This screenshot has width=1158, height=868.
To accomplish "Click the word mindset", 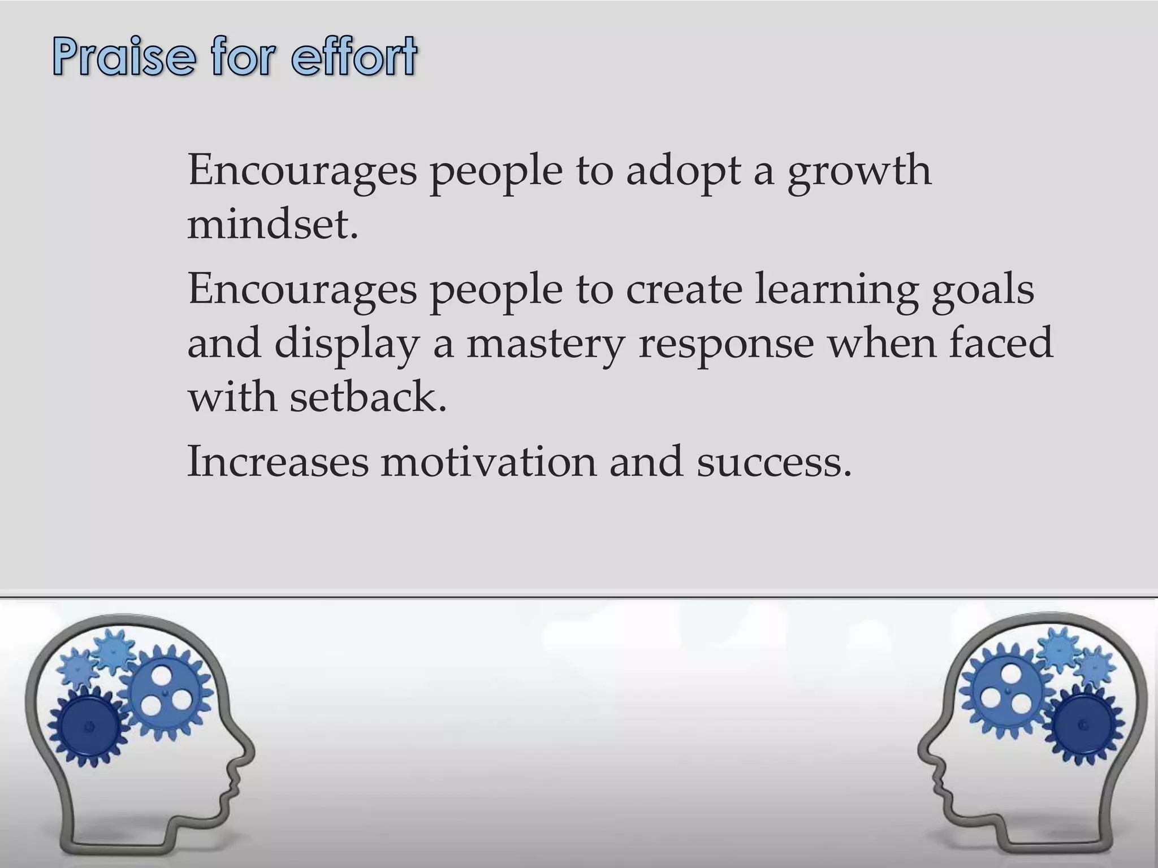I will click(x=273, y=225).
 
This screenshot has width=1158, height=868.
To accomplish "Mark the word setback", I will click(x=368, y=396).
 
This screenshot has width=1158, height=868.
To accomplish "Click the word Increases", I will click(x=277, y=461).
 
